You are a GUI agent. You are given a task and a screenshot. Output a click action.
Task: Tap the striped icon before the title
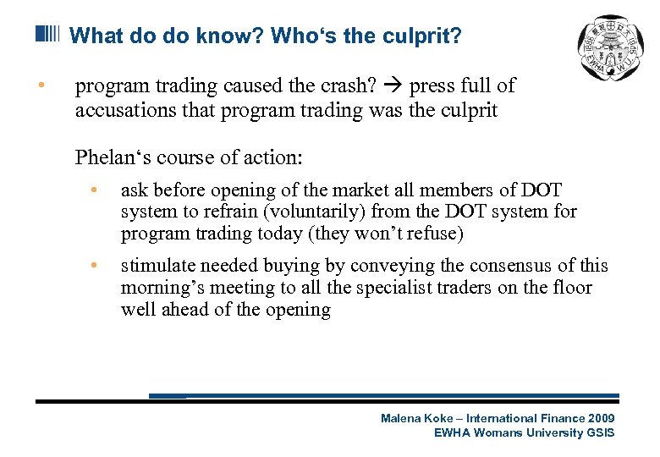[x=47, y=35]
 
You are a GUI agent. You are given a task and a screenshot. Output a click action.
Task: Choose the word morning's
[x=161, y=288]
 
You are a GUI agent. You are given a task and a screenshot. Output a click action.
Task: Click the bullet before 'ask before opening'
[x=98, y=190]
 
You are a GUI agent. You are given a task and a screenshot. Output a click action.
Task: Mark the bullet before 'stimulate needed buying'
[x=98, y=266]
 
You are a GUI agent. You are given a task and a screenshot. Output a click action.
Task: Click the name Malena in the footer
[x=399, y=418]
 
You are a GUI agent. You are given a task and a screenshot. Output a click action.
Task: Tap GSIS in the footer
[x=600, y=432]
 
